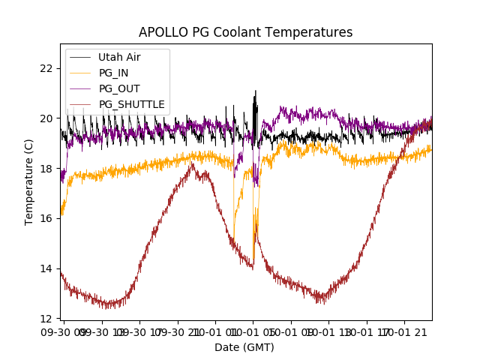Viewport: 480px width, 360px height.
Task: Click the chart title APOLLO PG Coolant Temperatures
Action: pyautogui.click(x=245, y=32)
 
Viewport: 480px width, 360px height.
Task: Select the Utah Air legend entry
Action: pyautogui.click(x=119, y=57)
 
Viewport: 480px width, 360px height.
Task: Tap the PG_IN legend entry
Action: pyautogui.click(x=115, y=73)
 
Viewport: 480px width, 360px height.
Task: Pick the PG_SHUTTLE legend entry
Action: pyautogui.click(x=131, y=104)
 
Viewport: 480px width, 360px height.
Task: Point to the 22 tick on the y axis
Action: pyautogui.click(x=46, y=68)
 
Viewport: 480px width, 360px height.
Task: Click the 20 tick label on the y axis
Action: pyautogui.click(x=46, y=118)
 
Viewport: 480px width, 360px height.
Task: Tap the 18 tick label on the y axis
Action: pyautogui.click(x=46, y=169)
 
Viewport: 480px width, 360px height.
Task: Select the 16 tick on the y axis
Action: pyautogui.click(x=46, y=218)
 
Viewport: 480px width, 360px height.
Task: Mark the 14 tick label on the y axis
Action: pyautogui.click(x=46, y=268)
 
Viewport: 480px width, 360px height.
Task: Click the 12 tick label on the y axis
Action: pyautogui.click(x=46, y=319)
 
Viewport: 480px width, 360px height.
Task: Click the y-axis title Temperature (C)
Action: pyautogui.click(x=29, y=182)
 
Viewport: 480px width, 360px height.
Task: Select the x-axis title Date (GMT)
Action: pyautogui.click(x=244, y=347)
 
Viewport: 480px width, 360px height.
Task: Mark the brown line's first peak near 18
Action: pyautogui.click(x=193, y=165)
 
